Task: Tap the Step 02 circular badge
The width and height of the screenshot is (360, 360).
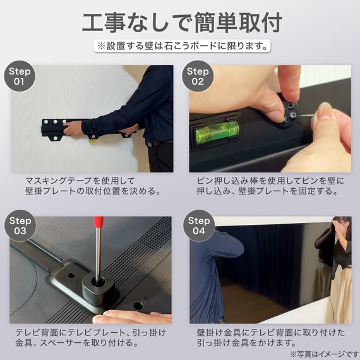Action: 198,76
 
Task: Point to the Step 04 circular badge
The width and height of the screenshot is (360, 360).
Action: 198,226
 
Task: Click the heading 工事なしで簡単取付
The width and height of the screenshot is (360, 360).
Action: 180,21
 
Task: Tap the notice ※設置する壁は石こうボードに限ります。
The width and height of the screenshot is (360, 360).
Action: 180,46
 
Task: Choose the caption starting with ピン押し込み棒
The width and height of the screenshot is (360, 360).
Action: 270,186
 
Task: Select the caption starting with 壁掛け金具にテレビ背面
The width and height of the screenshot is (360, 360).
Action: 270,337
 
